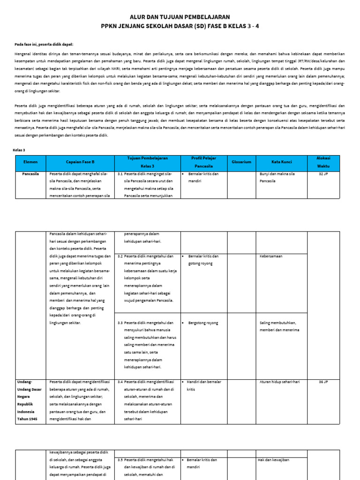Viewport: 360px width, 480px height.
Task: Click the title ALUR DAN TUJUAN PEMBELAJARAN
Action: click(x=180, y=16)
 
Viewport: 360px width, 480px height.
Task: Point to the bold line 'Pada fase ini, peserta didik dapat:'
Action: click(x=44, y=44)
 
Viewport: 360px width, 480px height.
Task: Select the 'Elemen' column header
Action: click(x=30, y=162)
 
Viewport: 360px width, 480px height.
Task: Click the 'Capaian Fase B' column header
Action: click(x=80, y=162)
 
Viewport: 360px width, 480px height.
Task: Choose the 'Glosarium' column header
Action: click(x=241, y=162)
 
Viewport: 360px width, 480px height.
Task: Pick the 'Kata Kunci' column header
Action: click(x=281, y=162)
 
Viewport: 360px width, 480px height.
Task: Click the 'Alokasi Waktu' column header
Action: click(x=323, y=162)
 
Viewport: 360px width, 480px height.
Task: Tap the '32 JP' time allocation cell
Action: click(x=323, y=173)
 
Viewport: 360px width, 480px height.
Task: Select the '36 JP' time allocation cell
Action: click(x=323, y=382)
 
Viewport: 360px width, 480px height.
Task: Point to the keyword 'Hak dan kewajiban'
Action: click(x=274, y=460)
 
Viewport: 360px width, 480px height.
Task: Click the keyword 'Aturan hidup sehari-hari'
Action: click(x=279, y=382)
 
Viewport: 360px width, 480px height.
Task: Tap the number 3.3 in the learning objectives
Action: click(x=120, y=323)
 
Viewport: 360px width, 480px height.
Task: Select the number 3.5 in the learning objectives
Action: click(x=120, y=460)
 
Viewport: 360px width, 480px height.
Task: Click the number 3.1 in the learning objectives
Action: click(x=120, y=173)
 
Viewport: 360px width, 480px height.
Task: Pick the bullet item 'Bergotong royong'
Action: click(x=203, y=323)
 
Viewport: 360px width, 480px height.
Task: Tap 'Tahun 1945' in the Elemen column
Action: click(x=27, y=419)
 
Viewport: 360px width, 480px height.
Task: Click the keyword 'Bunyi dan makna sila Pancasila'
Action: click(x=277, y=177)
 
